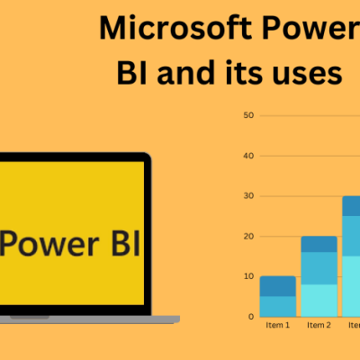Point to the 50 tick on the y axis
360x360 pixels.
pyautogui.click(x=248, y=115)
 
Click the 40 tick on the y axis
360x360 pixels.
pyautogui.click(x=248, y=156)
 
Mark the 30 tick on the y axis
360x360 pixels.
pyautogui.click(x=248, y=195)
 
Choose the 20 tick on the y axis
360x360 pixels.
pyautogui.click(x=248, y=236)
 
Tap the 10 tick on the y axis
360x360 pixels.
pyautogui.click(x=248, y=276)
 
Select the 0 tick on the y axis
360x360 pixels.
pyautogui.click(x=250, y=316)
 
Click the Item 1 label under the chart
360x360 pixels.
pyautogui.click(x=277, y=325)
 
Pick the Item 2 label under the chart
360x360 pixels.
pyautogui.click(x=319, y=325)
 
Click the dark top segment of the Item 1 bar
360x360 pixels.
pyautogui.click(x=277, y=286)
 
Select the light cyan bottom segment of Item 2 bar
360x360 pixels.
pyautogui.click(x=319, y=300)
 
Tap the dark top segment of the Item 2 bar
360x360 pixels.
pyautogui.click(x=319, y=244)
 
